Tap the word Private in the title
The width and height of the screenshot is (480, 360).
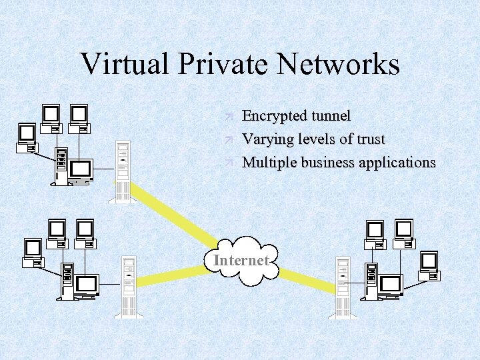tap(213, 64)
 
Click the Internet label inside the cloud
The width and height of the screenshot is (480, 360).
tap(241, 260)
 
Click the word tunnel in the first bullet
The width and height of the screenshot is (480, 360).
tap(327, 116)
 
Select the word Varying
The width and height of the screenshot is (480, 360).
tap(265, 139)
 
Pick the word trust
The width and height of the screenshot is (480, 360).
tap(370, 139)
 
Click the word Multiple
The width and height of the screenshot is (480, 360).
tap(269, 162)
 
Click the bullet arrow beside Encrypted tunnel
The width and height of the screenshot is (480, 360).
tap(228, 117)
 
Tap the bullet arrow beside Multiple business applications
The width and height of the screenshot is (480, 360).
tap(228, 162)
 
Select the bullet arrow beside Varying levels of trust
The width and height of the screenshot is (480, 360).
tap(228, 139)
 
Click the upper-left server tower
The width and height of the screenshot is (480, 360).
tap(123, 171)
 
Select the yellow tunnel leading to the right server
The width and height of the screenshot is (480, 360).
tap(303, 278)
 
